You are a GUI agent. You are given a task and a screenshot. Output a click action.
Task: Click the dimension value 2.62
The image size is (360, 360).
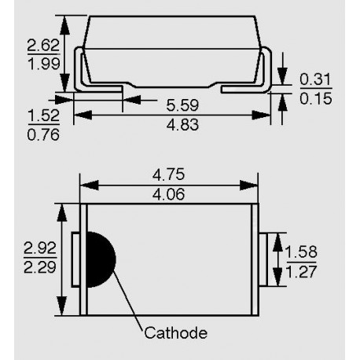43,45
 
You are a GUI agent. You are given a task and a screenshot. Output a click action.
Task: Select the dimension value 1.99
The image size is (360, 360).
44,64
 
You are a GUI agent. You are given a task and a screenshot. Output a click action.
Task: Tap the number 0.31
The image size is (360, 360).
315,79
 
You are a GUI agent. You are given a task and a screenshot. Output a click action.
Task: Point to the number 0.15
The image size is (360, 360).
316,99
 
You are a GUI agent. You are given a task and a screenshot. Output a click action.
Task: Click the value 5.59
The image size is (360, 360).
182,105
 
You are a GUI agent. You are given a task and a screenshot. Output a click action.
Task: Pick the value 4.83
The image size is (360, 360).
182,125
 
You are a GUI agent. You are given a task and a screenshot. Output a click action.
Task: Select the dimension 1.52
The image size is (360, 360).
43,116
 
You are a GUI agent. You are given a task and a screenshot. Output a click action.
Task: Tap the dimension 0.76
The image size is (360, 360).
43,135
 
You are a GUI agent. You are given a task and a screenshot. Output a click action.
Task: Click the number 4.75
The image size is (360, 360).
169,174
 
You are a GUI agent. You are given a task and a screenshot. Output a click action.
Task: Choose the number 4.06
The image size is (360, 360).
169,194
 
